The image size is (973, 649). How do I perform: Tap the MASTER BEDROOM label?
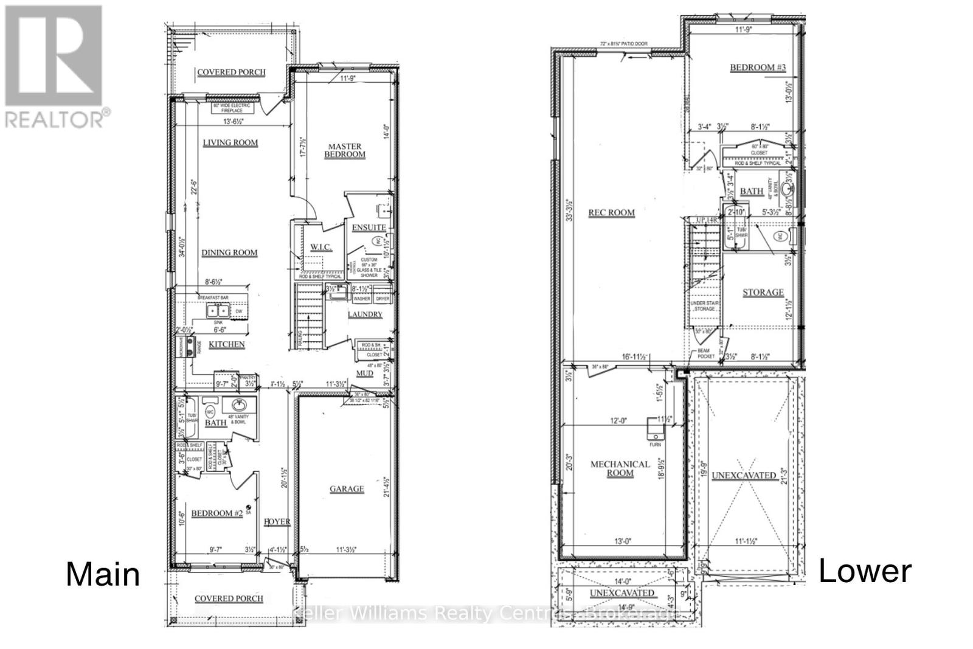click(x=345, y=150)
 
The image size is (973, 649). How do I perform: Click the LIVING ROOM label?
click(x=230, y=143)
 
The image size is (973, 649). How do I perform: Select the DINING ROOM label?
click(x=229, y=252)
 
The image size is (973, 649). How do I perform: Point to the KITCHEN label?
click(x=227, y=344)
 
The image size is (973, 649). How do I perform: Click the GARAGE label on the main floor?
click(x=347, y=489)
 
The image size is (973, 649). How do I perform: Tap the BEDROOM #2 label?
click(x=217, y=514)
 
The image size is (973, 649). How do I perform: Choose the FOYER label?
click(x=277, y=522)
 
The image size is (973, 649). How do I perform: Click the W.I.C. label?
click(x=320, y=247)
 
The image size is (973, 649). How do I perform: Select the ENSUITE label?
click(x=369, y=227)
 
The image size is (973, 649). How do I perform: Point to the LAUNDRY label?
click(x=365, y=314)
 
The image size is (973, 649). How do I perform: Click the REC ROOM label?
click(x=611, y=213)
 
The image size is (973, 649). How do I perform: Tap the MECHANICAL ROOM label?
click(x=620, y=468)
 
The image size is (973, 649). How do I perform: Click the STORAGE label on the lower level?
click(x=763, y=293)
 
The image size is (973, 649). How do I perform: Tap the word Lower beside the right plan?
click(x=865, y=571)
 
